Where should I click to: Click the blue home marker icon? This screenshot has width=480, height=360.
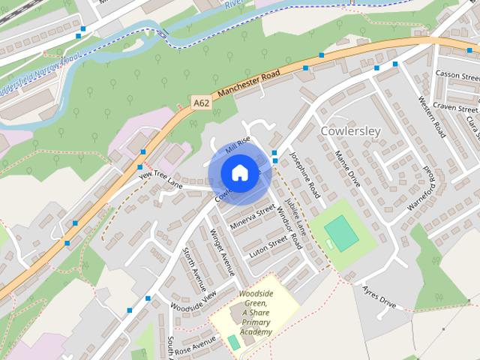tap(238, 173)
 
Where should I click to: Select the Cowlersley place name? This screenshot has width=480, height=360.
tap(350, 130)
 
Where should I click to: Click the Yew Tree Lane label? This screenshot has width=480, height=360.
tap(160, 179)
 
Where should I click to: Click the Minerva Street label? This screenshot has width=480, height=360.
tap(253, 216)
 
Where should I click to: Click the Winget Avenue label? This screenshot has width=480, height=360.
tap(223, 253)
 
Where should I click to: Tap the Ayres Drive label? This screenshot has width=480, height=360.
tap(378, 296)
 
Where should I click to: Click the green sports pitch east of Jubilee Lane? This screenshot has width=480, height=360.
tap(343, 232)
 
